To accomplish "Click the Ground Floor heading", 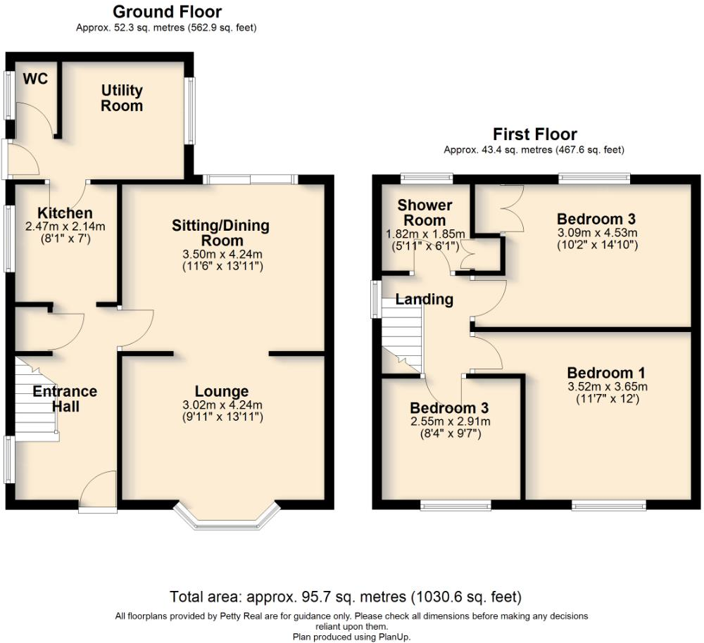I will (x=167, y=12).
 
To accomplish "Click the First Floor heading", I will (x=534, y=134).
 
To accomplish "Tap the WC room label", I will (x=35, y=79).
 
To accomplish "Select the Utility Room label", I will (x=122, y=98).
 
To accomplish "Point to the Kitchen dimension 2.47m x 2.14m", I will (x=65, y=227).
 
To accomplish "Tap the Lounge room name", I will (x=222, y=392).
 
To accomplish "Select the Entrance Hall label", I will (x=65, y=399).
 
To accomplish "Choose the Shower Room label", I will (x=425, y=212).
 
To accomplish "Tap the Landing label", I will (x=425, y=300).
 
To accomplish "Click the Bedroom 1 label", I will (x=605, y=373).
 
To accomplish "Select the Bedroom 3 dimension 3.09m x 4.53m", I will (x=597, y=233).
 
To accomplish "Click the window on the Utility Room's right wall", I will (x=190, y=110).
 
